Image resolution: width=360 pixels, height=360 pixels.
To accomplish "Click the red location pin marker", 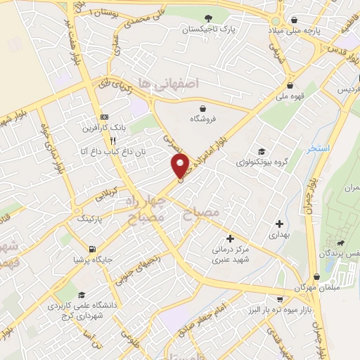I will click(x=181, y=165).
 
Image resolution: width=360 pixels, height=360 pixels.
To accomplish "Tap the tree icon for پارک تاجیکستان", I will click(x=207, y=18).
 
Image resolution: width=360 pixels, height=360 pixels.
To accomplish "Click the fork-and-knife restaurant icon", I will click(x=113, y=140).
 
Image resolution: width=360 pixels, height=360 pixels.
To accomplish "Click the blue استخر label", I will click(x=319, y=149).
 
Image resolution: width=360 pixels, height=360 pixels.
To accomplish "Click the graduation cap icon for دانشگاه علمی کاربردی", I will click(x=82, y=295).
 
